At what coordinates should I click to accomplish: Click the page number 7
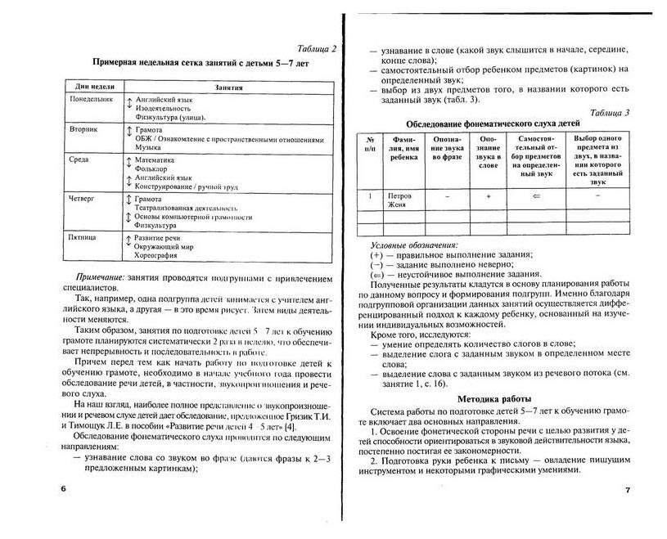click(628, 489)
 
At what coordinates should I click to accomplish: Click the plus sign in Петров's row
click(488, 197)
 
